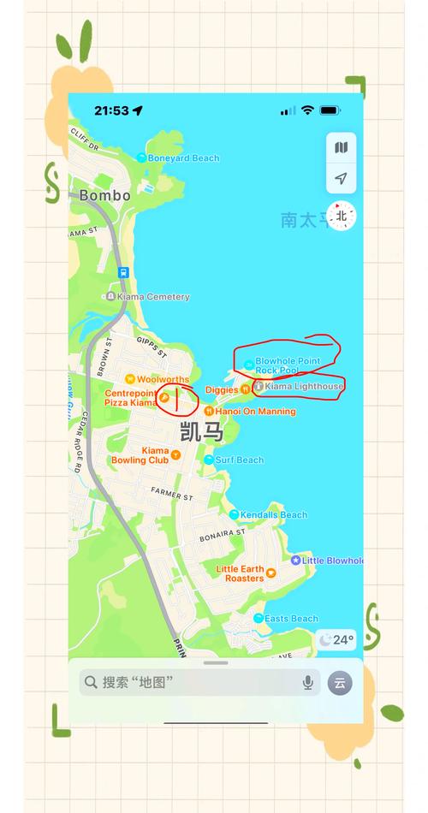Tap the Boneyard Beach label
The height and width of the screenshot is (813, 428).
click(182, 158)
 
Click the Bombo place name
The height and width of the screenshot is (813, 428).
click(104, 195)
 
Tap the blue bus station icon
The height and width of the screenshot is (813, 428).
click(124, 273)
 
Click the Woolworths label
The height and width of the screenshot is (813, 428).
click(163, 379)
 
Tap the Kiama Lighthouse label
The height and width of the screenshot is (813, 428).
click(303, 387)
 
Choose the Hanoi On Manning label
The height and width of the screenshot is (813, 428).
click(255, 412)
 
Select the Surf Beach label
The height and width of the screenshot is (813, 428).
click(239, 460)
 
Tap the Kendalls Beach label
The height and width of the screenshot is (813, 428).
click(273, 515)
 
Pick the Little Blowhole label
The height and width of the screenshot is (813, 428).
click(332, 561)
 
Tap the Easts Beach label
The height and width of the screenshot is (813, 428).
click(291, 619)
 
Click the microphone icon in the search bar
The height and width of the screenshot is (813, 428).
click(308, 682)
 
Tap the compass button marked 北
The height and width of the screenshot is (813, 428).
click(342, 216)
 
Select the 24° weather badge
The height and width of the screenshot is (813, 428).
click(336, 639)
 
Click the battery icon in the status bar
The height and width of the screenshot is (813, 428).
click(330, 110)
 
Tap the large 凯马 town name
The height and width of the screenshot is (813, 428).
click(202, 432)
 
